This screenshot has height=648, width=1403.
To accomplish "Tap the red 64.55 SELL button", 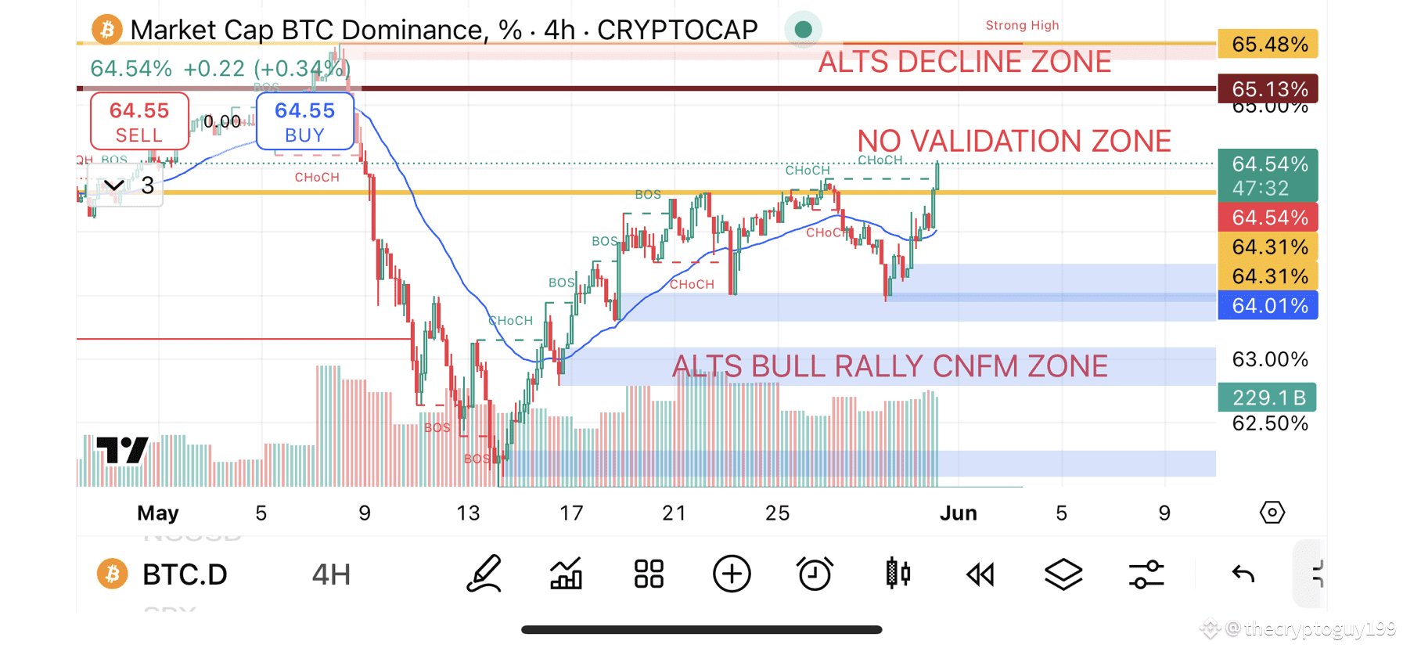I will pyautogui.click(x=139, y=121).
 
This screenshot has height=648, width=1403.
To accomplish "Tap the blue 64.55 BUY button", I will pyautogui.click(x=304, y=121).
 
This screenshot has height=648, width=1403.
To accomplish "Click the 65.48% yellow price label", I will pyautogui.click(x=1268, y=44).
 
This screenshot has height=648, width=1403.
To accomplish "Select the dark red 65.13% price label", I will pyautogui.click(x=1268, y=88).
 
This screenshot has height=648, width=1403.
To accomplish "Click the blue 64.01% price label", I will pyautogui.click(x=1268, y=305).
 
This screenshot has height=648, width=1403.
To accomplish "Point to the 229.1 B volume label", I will pyautogui.click(x=1268, y=398).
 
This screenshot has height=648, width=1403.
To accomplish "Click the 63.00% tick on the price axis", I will pyautogui.click(x=1269, y=359).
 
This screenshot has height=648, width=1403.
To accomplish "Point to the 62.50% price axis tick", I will pyautogui.click(x=1269, y=423).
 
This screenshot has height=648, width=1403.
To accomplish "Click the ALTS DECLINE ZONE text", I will pyautogui.click(x=964, y=62).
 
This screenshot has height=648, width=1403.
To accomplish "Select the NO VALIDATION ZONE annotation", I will pyautogui.click(x=1013, y=142).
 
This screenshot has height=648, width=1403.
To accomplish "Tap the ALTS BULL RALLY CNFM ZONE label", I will pyautogui.click(x=890, y=366).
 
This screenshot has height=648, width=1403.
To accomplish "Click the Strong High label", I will pyautogui.click(x=1022, y=25).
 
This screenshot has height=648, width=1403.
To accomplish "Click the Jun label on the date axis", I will pyautogui.click(x=958, y=513).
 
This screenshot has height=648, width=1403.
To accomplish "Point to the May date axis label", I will pyautogui.click(x=158, y=513).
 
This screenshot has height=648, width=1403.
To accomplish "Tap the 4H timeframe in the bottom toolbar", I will pyautogui.click(x=331, y=574).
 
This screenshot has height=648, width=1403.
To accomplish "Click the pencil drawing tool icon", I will pyautogui.click(x=484, y=574).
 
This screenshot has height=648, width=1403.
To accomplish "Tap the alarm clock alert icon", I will pyautogui.click(x=815, y=574).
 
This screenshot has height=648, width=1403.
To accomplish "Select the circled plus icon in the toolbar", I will pyautogui.click(x=732, y=574).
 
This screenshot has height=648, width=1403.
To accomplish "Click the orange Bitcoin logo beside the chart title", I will pyautogui.click(x=107, y=30).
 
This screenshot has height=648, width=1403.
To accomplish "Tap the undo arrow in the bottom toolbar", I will pyautogui.click(x=1243, y=574).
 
